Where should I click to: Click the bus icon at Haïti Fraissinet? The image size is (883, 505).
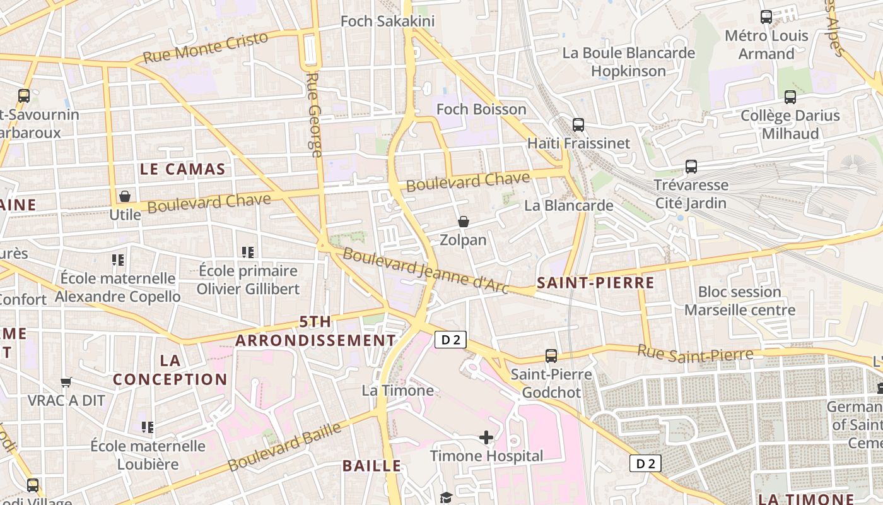click(x=578, y=124)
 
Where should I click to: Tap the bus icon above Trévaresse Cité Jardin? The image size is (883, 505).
click(x=691, y=167)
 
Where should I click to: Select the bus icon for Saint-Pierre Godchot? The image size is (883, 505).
click(x=551, y=356)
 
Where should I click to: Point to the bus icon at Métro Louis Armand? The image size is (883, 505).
click(x=766, y=17)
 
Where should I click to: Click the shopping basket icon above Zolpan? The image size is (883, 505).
click(x=464, y=222)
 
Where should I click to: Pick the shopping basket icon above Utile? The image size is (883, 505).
click(x=125, y=196)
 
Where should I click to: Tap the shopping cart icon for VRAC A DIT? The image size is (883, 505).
click(x=66, y=382)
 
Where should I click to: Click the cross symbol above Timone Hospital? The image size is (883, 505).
click(x=486, y=437)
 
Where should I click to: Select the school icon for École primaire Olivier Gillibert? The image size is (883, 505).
click(x=248, y=252)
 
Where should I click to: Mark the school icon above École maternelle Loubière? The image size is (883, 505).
click(x=148, y=427)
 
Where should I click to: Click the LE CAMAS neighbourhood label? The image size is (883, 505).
click(x=182, y=169)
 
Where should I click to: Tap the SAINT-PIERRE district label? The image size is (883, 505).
click(x=595, y=283)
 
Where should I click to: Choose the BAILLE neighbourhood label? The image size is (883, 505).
click(x=371, y=466)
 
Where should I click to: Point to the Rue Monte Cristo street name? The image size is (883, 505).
click(x=205, y=47)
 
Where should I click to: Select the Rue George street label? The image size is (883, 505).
click(x=313, y=114)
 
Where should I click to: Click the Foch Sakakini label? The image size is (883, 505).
click(x=387, y=21)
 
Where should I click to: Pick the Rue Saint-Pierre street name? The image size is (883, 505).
click(x=695, y=353)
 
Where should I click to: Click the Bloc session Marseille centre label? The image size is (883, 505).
click(x=739, y=301)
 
